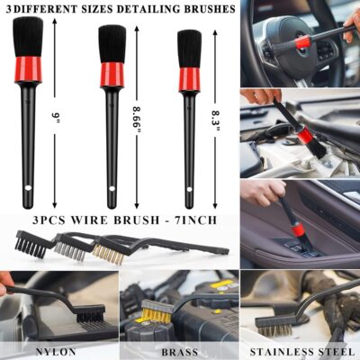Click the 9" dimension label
click(56, 116)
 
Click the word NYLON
click(57, 351)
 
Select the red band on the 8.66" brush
click(112, 73)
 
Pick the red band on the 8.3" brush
click(189, 79)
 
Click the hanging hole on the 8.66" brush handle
click(112, 191)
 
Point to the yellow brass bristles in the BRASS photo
click(156, 315)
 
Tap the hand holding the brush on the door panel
click(261, 192)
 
